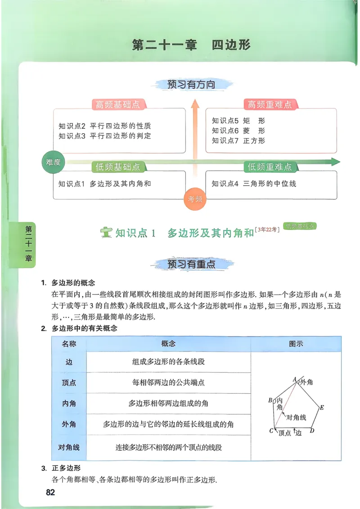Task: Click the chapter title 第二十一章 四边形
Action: tap(191, 45)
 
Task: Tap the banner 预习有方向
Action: tap(191, 84)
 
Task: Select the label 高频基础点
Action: tap(117, 105)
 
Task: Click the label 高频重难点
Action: tap(270, 105)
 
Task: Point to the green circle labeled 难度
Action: tap(54, 162)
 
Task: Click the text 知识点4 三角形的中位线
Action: tap(254, 184)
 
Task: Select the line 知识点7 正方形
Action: tap(239, 141)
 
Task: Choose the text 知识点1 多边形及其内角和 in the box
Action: tap(104, 184)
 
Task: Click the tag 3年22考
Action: tap(267, 230)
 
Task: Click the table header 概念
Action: tap(168, 344)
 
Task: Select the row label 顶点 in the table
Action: tap(69, 383)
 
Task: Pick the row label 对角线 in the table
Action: tap(69, 447)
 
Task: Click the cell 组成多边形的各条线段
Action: tap(168, 361)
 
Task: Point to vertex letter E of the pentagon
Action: tap(322, 408)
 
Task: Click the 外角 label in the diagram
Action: tap(306, 382)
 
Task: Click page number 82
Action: tap(50, 492)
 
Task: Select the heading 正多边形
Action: tap(66, 468)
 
